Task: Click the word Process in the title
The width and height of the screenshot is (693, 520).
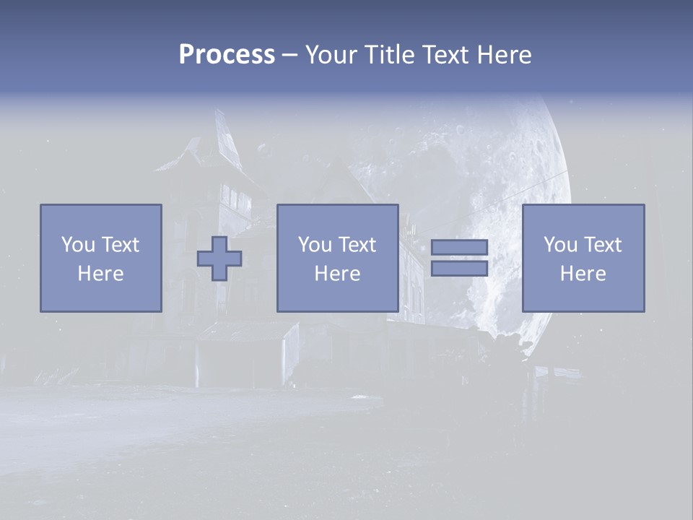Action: [227, 55]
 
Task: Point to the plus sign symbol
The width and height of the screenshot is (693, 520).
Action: [219, 259]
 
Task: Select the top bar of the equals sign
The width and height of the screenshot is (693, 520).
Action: [459, 248]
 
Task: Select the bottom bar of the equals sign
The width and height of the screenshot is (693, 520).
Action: [459, 269]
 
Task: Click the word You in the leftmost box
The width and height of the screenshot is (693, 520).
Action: [77, 245]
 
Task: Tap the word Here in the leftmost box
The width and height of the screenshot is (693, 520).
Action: [100, 274]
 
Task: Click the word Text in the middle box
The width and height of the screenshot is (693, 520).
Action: [357, 245]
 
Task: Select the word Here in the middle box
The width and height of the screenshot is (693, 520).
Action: [337, 274]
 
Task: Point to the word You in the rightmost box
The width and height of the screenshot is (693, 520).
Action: [559, 245]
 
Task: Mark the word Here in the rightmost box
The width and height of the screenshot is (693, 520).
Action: [583, 274]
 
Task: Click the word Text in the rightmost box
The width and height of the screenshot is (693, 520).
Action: [602, 245]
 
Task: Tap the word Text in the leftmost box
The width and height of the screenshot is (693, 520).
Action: [120, 245]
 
